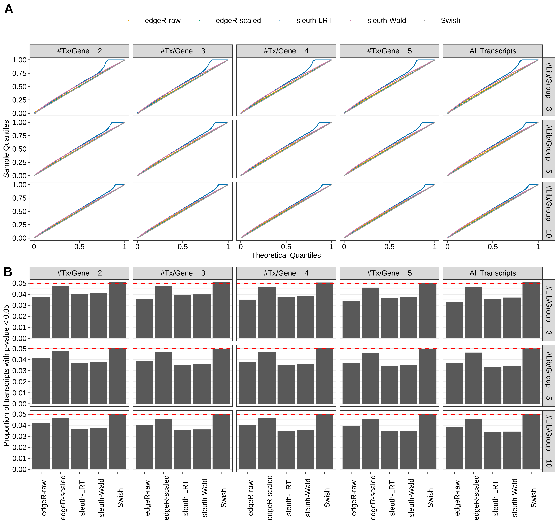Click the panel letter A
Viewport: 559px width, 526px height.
point(9,9)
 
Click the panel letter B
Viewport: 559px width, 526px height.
point(8,272)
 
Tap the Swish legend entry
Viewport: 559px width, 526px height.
point(450,20)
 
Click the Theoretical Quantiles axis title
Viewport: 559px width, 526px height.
point(286,255)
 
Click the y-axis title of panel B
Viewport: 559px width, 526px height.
point(6,375)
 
